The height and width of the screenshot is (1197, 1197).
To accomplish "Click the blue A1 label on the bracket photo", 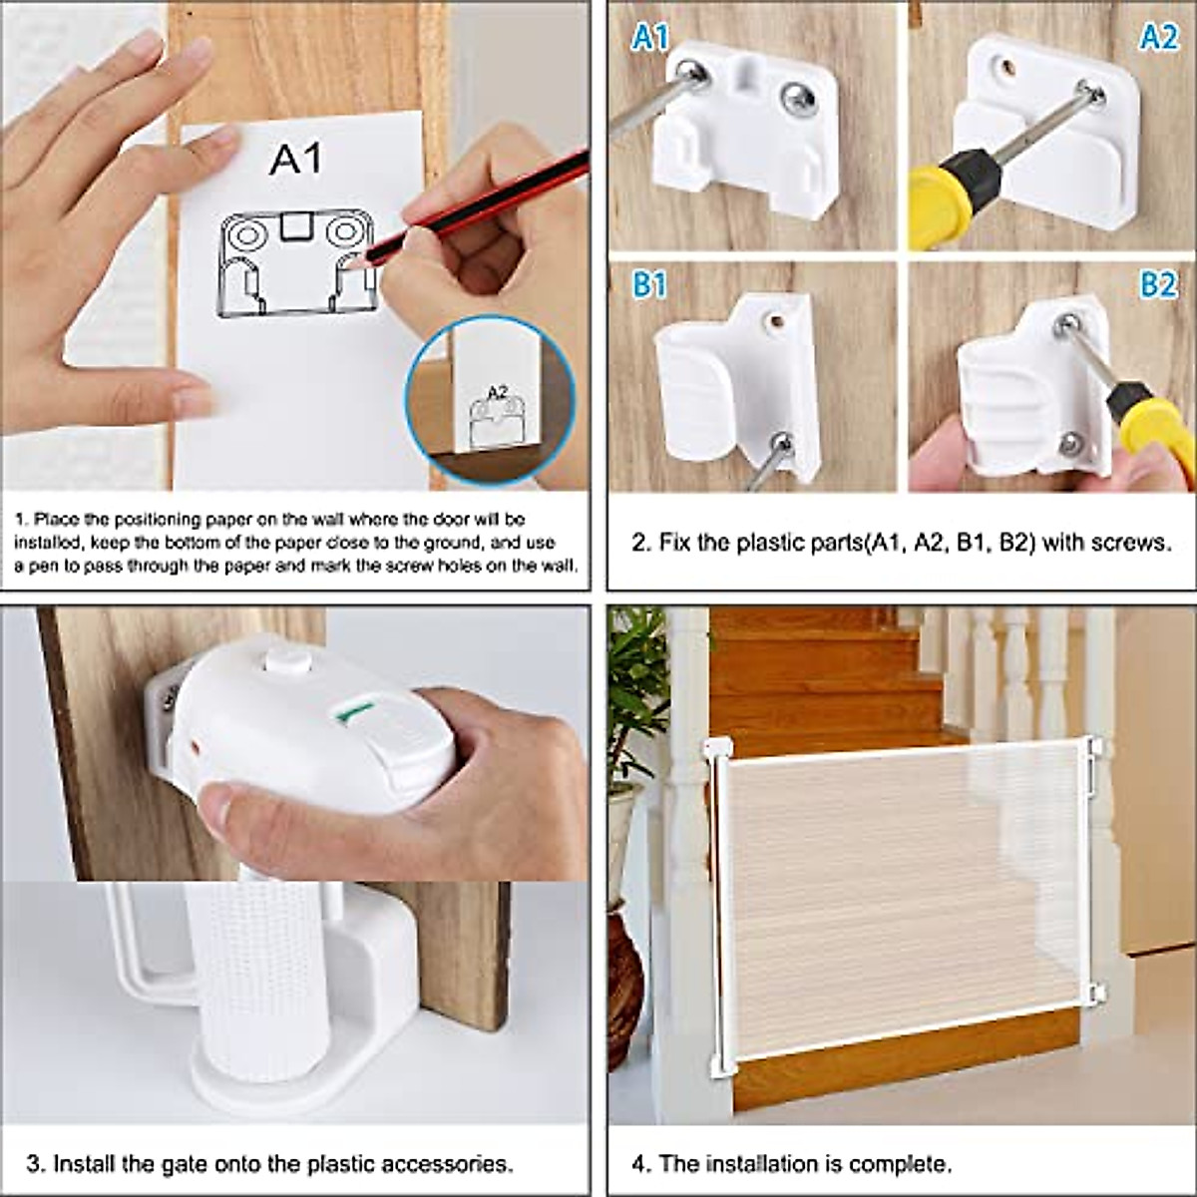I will click(650, 37).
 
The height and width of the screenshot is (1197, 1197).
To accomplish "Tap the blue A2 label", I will click(1158, 37).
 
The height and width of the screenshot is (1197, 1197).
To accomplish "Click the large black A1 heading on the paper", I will click(296, 159).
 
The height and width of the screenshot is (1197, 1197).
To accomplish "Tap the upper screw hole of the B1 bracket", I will click(773, 322).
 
